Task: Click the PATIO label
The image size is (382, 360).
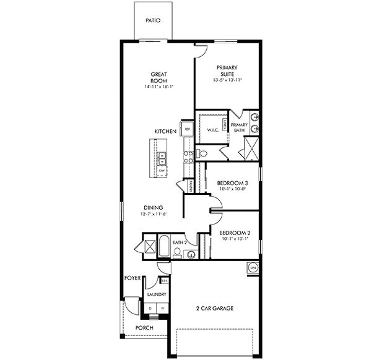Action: pos(153,20)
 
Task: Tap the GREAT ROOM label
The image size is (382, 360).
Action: pos(158,77)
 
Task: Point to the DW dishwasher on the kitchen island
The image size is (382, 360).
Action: pos(162,169)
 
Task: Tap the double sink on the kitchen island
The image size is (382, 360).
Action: pos(161,157)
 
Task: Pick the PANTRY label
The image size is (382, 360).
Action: pos(192,185)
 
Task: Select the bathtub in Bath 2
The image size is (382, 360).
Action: pos(163,246)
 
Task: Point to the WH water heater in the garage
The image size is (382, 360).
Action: pos(253,267)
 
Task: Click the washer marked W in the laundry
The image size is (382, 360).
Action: pos(163,307)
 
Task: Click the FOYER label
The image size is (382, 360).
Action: pos(132,278)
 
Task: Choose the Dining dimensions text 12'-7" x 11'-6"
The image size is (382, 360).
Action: pos(153,214)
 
